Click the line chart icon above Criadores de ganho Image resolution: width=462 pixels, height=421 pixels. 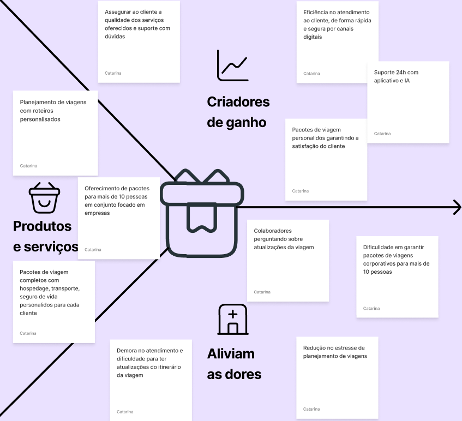(232, 65)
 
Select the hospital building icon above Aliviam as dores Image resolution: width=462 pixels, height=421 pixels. (232, 320)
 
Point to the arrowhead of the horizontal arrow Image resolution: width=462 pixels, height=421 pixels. (457, 207)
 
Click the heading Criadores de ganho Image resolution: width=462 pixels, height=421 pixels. (238, 112)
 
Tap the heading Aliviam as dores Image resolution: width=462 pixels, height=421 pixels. (234, 364)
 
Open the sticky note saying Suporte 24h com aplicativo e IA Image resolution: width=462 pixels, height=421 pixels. (407, 102)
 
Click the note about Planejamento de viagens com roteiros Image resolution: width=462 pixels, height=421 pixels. (55, 133)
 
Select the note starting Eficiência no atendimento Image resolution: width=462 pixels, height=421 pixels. (337, 42)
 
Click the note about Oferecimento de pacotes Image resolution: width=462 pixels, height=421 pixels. (118, 218)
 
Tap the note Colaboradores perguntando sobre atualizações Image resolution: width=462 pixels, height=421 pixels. (287, 260)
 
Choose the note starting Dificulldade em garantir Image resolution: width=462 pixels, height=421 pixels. (397, 276)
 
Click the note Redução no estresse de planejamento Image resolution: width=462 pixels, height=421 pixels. (337, 377)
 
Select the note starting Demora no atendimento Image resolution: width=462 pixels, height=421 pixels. (151, 380)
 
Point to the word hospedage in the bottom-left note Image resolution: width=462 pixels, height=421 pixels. (35, 288)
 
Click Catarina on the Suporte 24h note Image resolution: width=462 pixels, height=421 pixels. (382, 134)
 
